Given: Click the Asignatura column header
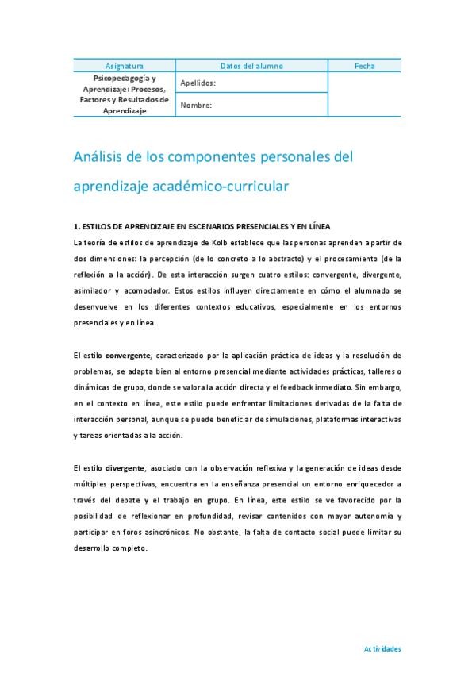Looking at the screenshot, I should [x=125, y=66].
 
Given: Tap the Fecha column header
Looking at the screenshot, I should [x=366, y=66].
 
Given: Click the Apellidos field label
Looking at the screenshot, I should [x=198, y=83].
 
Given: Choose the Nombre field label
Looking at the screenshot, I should [x=196, y=105].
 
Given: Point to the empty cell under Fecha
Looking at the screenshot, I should [x=366, y=94].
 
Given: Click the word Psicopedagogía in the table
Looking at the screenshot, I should [x=125, y=79].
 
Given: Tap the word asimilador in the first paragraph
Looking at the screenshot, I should [x=91, y=290].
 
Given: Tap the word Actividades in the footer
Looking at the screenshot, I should [x=382, y=648].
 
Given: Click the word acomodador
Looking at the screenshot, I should [x=151, y=290].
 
